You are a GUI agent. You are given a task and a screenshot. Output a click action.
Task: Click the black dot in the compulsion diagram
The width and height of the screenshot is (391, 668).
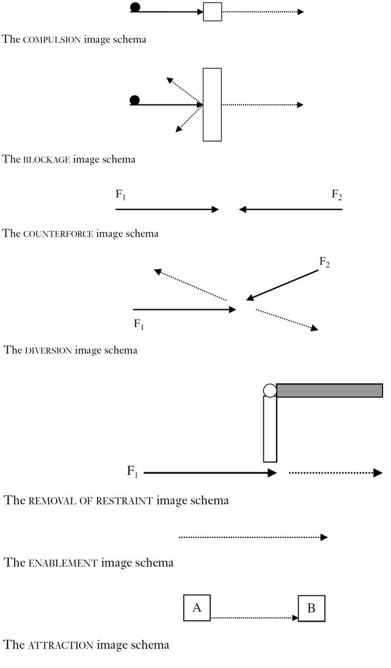tap(135, 7)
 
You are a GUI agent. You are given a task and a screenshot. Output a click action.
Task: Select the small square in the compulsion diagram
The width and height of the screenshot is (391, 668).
tap(212, 12)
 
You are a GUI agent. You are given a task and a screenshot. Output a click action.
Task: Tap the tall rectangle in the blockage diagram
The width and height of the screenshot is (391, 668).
tap(212, 105)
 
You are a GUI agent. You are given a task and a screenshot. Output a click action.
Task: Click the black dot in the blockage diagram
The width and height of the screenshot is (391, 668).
tap(135, 100)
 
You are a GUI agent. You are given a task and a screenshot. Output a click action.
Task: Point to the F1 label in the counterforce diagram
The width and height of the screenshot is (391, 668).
tap(121, 195)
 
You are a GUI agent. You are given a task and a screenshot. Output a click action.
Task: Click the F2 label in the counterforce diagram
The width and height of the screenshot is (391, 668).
tap(337, 195)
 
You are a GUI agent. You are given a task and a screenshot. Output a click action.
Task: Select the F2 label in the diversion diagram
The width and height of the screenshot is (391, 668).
tap(325, 262)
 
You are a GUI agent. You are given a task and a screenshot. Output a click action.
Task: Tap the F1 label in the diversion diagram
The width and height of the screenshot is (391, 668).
tap(139, 324)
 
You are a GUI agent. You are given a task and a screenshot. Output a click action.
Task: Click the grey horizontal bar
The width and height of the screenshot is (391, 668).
tap(330, 390)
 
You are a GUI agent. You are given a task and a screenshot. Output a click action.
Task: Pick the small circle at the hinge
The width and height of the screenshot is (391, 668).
tap(270, 390)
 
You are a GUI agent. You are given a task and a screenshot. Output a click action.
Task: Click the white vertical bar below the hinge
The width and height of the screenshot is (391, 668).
tap(270, 428)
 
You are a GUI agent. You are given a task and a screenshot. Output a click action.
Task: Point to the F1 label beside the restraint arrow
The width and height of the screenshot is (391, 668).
tap(133, 471)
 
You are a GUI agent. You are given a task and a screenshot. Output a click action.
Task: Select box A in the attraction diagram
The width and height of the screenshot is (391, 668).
tap(197, 607)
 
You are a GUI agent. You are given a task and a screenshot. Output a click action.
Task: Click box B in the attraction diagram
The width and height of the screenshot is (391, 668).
tap(311, 608)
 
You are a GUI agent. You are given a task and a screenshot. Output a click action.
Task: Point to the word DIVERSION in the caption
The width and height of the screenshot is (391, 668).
tap(48, 351)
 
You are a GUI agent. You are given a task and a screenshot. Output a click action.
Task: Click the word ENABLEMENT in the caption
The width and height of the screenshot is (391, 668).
tap(63, 563)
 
